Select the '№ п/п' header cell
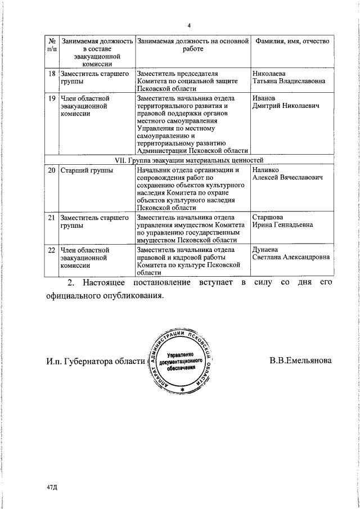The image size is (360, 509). (51, 46)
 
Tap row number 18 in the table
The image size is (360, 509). (51, 74)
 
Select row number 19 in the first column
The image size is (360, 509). (51, 98)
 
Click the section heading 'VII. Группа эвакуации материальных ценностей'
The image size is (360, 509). (189, 160)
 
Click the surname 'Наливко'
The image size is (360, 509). (266, 170)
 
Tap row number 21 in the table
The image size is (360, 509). (51, 217)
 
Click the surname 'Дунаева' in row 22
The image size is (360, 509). (266, 249)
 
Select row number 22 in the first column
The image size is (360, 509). (51, 249)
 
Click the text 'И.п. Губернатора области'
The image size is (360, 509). (95, 362)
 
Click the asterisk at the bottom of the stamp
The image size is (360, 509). (182, 389)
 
